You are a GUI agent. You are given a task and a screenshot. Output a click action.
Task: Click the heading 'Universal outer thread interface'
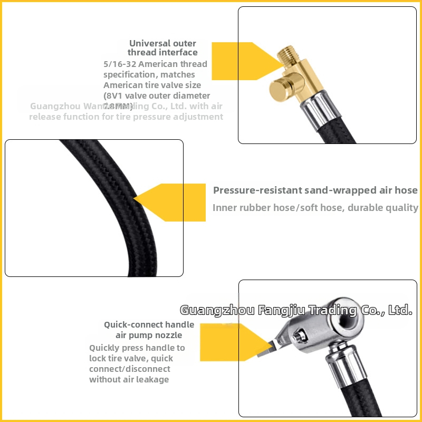point(162,47)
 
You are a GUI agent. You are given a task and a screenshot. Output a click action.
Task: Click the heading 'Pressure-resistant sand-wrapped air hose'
point(315,190)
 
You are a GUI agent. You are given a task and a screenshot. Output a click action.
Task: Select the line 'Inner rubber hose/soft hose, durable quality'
point(315,207)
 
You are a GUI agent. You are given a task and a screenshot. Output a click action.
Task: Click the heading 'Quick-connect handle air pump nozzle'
point(149,330)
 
